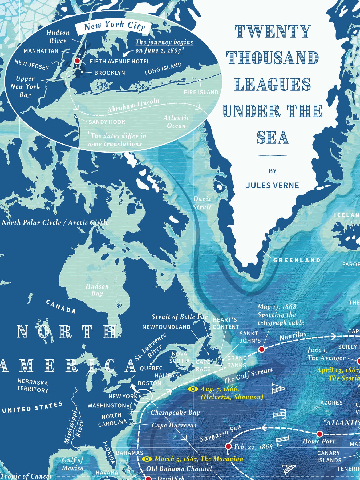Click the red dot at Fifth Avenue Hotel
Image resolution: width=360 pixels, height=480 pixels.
pos(77,61)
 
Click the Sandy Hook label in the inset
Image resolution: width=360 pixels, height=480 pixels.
pos(107,122)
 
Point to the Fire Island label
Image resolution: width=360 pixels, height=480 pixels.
pos(201,92)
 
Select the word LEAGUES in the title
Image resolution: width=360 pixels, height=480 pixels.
pos(272,84)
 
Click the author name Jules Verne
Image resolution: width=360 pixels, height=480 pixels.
pos(272,185)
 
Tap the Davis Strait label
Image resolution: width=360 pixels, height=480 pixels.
pos(202,203)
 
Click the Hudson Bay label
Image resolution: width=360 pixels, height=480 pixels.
pos(97,290)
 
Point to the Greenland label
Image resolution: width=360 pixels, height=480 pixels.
pos(297,260)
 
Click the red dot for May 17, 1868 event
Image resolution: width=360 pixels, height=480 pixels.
pos(261,349)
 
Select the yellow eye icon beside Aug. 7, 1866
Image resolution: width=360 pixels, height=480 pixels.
pos(193,389)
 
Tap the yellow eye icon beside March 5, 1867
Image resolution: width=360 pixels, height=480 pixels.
pos(147,459)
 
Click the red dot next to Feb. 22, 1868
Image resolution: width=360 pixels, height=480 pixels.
pos(228,446)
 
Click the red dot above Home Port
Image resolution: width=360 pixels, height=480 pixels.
pos(319,434)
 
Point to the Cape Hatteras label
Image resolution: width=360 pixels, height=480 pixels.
pos(174,425)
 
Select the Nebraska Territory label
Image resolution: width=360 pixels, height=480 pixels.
pos(33,386)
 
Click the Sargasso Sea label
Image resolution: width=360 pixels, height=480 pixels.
pos(220,433)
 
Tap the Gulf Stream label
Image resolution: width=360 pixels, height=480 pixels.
pos(248,375)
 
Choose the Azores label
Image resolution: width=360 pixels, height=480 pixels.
pos(331,403)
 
